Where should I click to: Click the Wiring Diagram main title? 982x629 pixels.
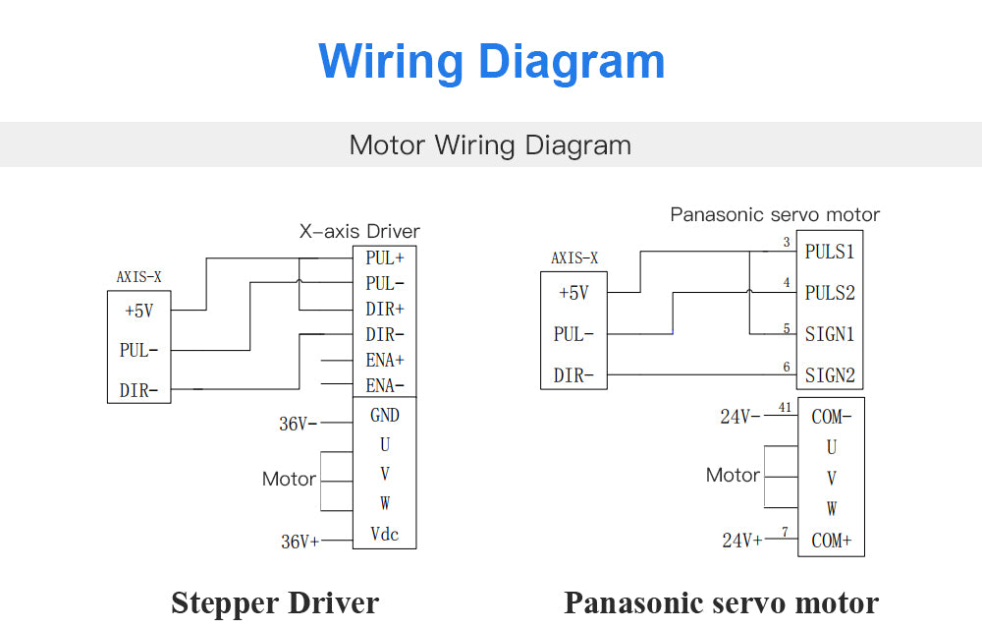pos(492,61)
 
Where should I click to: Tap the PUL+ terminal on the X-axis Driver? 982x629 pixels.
pos(385,258)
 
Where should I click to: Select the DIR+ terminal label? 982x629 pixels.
pos(385,310)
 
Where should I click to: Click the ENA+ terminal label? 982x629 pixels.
pos(385,361)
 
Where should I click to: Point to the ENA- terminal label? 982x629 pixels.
pos(385,385)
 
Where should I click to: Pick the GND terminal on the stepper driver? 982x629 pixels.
pos(385,416)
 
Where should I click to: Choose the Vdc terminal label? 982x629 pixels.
pos(385,535)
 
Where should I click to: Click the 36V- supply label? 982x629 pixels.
pos(299,425)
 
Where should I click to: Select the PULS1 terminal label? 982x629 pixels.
pos(830,252)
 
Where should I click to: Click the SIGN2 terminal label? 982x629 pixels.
pos(830,374)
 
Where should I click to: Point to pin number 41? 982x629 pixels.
pos(785,407)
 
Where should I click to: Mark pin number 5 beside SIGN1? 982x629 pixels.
pos(786,328)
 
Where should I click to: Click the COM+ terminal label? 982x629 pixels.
pos(832,541)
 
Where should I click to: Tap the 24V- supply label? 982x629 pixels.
pos(740,417)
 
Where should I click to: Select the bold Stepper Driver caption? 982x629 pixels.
pos(275,602)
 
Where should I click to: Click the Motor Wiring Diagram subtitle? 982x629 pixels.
pos(490,145)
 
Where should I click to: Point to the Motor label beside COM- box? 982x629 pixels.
pos(733,476)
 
